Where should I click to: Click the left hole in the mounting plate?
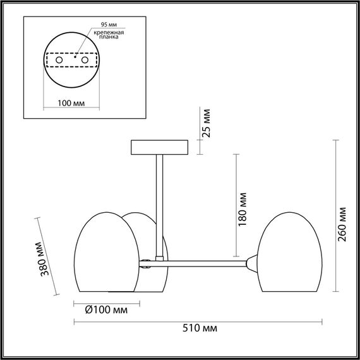[x=59, y=59]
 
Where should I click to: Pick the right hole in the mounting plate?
[x=83, y=59]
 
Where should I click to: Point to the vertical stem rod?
[x=159, y=202]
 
